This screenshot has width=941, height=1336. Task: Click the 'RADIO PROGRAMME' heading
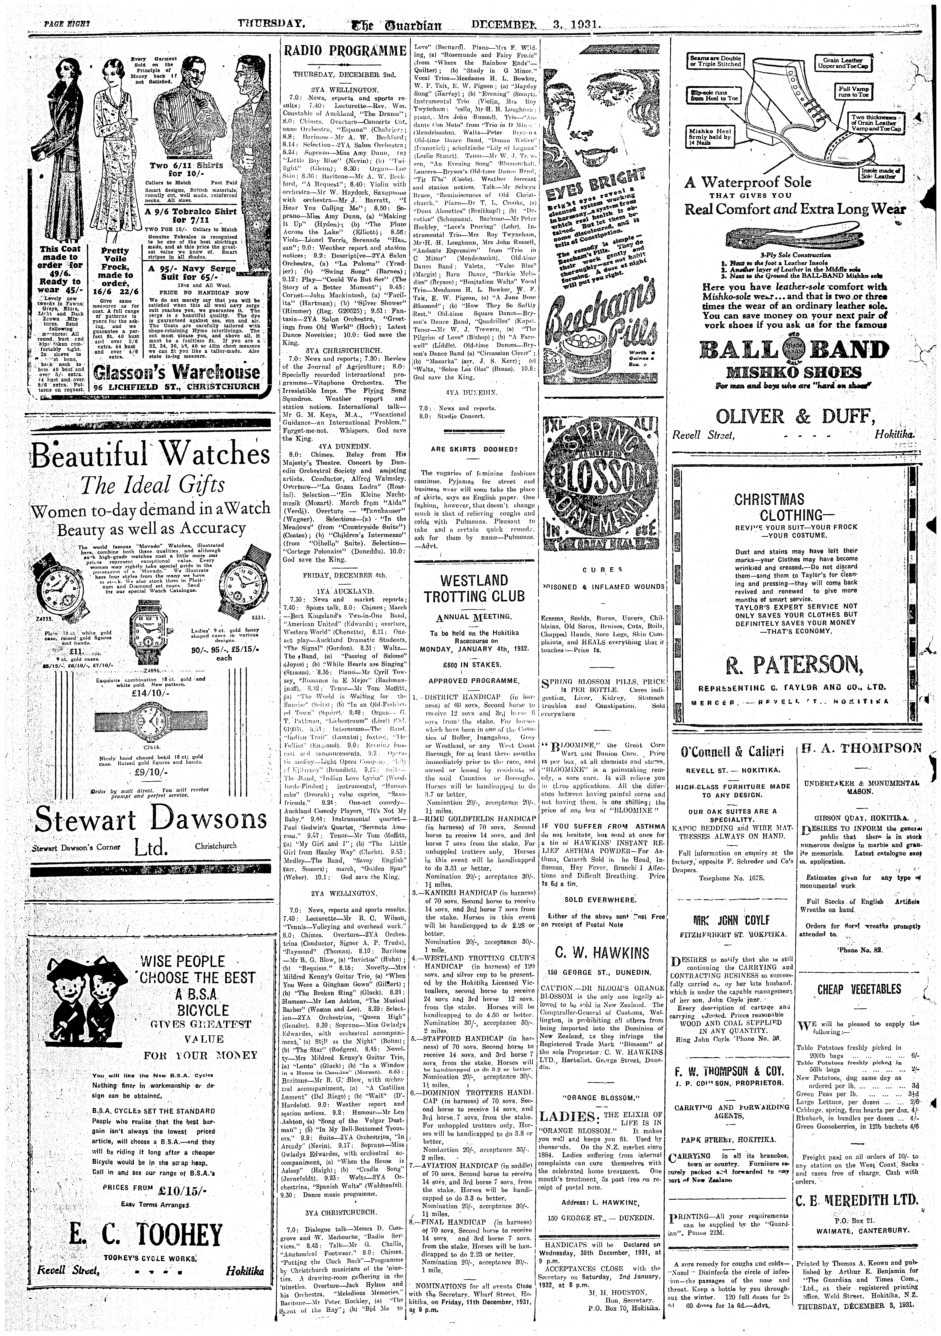343,51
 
